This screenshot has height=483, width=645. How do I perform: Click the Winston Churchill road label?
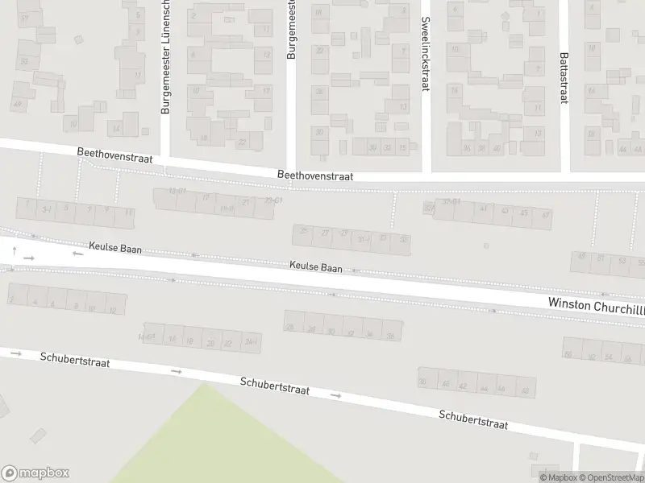pyautogui.click(x=595, y=303)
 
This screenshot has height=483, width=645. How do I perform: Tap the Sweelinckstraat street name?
pyautogui.click(x=425, y=55)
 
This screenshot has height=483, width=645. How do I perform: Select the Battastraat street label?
pyautogui.click(x=563, y=77)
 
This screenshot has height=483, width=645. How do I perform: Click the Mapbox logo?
pyautogui.click(x=35, y=473)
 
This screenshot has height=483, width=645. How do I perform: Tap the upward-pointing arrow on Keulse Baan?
pyautogui.click(x=14, y=250)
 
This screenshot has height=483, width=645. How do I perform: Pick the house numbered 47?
pyautogui.click(x=546, y=215)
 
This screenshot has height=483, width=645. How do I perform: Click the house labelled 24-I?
pyautogui.click(x=252, y=342)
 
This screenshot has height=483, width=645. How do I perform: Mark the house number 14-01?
pyautogui.click(x=145, y=336)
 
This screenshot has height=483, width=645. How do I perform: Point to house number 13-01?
pyautogui.click(x=177, y=190)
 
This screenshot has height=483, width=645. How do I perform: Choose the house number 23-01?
pyautogui.click(x=273, y=200)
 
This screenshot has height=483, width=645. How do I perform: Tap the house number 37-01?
pyautogui.click(x=451, y=201)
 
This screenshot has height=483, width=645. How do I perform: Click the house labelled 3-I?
pyautogui.click(x=47, y=208)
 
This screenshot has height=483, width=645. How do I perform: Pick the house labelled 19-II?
pyautogui.click(x=227, y=207)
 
